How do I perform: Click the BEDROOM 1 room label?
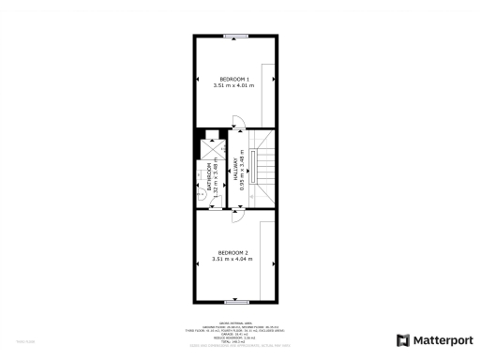pyautogui.click(x=233, y=78)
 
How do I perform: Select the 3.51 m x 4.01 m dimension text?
pyautogui.click(x=233, y=86)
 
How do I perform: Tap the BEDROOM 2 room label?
pyautogui.click(x=233, y=252)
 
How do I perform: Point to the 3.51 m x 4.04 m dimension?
pyautogui.click(x=233, y=260)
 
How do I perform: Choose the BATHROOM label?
pyautogui.click(x=209, y=178)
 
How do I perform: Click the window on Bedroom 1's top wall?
pyautogui.click(x=235, y=36)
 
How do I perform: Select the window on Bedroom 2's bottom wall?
pyautogui.click(x=235, y=303)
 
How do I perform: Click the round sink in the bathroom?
pyautogui.click(x=200, y=186)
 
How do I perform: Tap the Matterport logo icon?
pyautogui.click(x=403, y=339)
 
